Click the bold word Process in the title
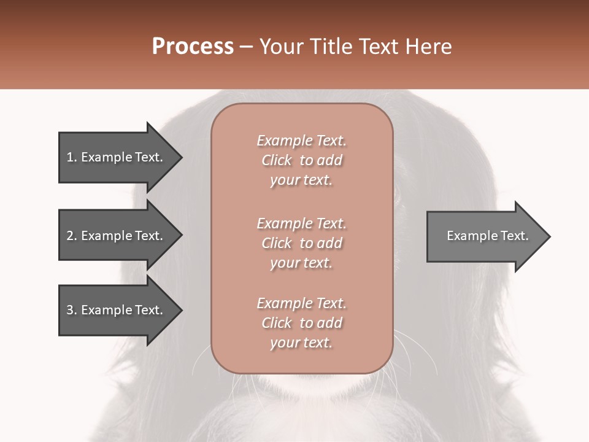(193, 47)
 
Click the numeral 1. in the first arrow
(72, 157)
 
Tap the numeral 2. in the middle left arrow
(72, 236)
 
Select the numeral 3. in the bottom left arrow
(72, 310)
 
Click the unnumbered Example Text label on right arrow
(487, 236)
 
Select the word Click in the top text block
(277, 160)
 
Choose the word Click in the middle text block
(277, 243)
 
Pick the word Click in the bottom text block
(277, 323)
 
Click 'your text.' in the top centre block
(301, 180)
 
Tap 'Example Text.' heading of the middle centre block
(301, 223)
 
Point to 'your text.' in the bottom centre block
(301, 343)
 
